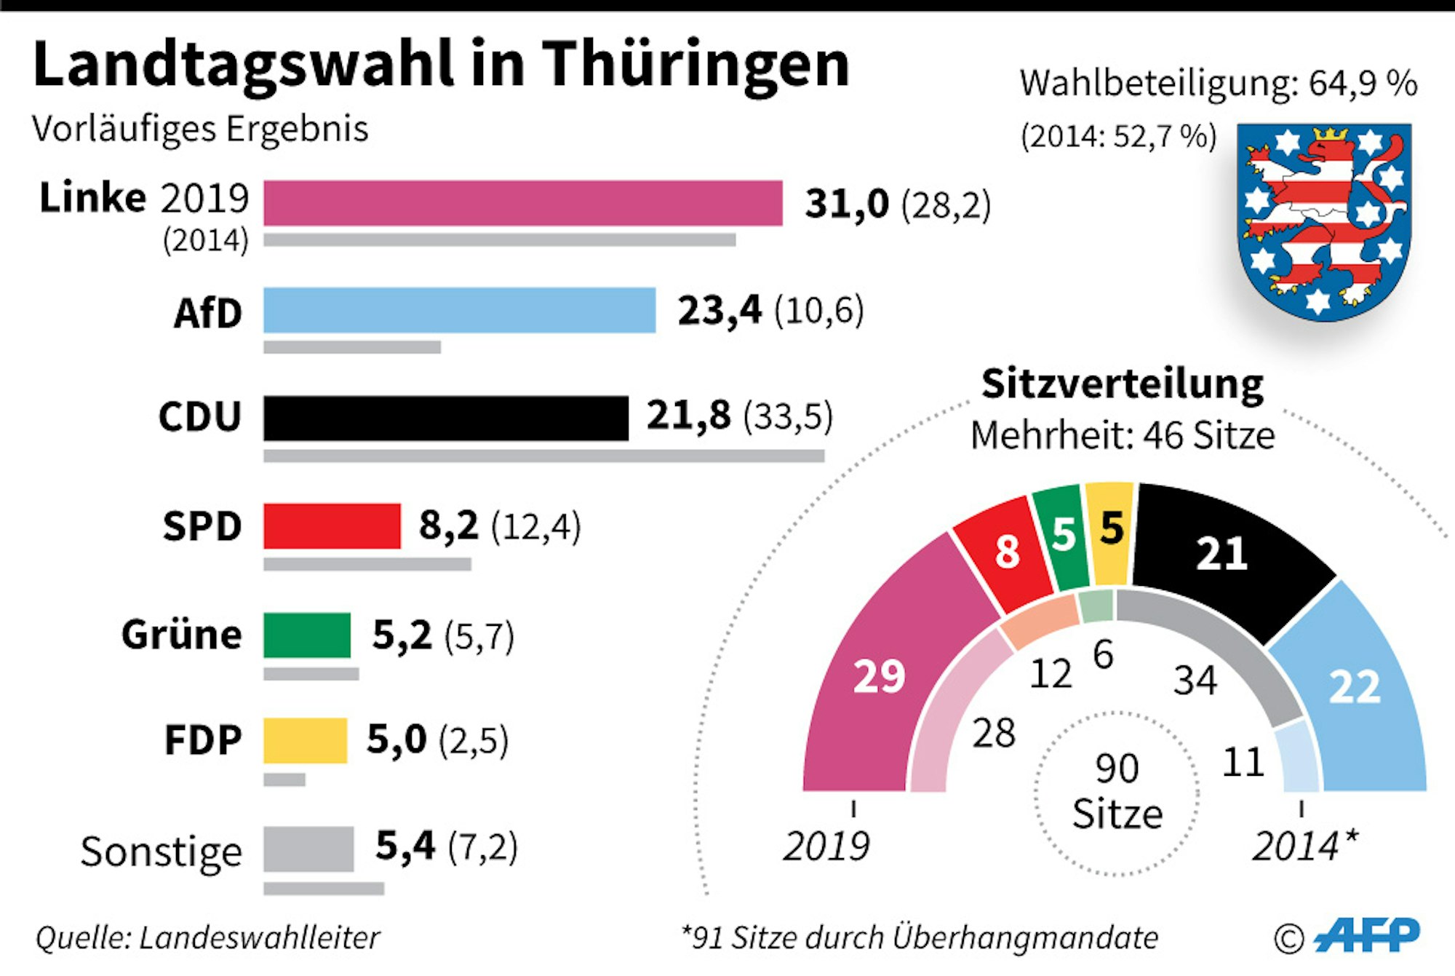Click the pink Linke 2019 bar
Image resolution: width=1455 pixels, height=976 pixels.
click(x=522, y=203)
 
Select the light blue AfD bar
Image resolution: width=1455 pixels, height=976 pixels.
click(x=459, y=310)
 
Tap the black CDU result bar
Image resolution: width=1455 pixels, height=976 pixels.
click(x=445, y=418)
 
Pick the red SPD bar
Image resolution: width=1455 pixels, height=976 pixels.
click(x=332, y=525)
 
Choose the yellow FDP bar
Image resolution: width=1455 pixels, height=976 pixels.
click(x=305, y=740)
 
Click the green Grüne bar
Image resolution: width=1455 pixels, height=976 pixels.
click(x=306, y=635)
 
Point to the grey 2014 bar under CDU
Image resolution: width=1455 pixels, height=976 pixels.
click(x=543, y=456)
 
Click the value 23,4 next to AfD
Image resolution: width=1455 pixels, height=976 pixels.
click(x=719, y=310)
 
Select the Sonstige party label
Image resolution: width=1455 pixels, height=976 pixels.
click(x=161, y=851)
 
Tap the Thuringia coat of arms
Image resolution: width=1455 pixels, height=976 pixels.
click(x=1324, y=222)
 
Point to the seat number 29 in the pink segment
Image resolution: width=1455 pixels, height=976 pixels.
click(x=879, y=676)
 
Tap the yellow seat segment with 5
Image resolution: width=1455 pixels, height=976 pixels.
click(x=1110, y=530)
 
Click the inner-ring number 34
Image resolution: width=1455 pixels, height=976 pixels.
click(x=1195, y=681)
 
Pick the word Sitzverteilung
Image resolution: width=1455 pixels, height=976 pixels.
click(x=1123, y=384)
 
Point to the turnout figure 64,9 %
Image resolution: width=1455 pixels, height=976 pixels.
click(x=1363, y=84)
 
